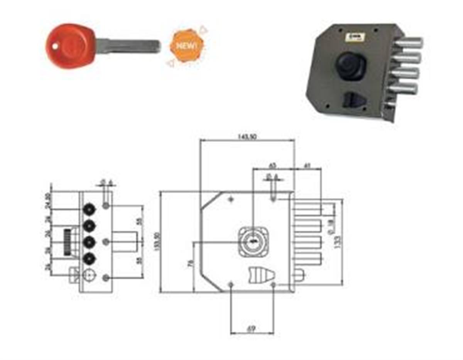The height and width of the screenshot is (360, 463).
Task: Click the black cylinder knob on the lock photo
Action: coord(350,66)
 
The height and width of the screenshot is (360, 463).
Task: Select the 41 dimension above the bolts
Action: coord(308,165)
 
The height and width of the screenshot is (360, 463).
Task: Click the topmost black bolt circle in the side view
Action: coord(90,209)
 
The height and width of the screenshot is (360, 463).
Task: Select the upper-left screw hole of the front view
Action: coord(231,199)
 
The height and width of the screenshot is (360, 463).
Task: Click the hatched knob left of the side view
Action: coord(68,242)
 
